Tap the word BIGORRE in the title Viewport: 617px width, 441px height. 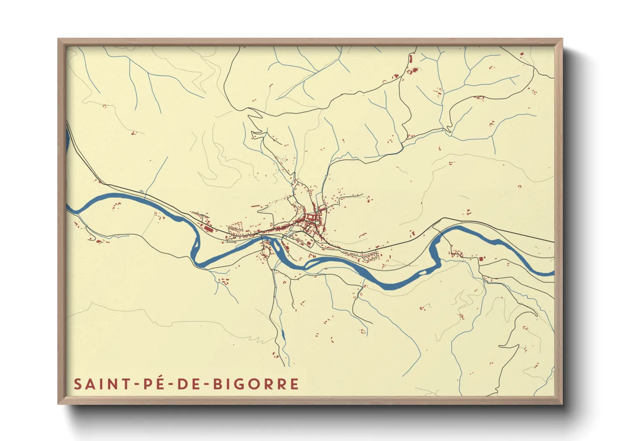pos(256,384)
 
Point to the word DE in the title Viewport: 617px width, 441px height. pos(190,384)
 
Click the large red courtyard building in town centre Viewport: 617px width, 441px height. pos(311,217)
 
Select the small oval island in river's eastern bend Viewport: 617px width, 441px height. pos(422,272)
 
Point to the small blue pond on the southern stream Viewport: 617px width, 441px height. pos(283,333)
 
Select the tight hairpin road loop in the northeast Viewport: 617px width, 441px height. pos(449,129)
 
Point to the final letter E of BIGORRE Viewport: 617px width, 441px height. pos(295,384)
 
